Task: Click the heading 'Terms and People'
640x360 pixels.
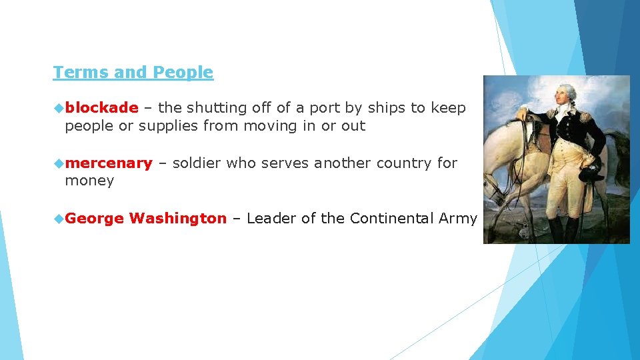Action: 133,72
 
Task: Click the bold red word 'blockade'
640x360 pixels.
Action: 102,108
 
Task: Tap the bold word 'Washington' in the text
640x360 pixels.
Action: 178,218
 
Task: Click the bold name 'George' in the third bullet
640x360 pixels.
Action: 95,218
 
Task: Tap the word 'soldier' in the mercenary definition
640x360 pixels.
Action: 197,163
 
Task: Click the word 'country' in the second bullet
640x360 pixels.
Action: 398,163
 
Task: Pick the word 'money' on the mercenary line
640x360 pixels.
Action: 89,181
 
